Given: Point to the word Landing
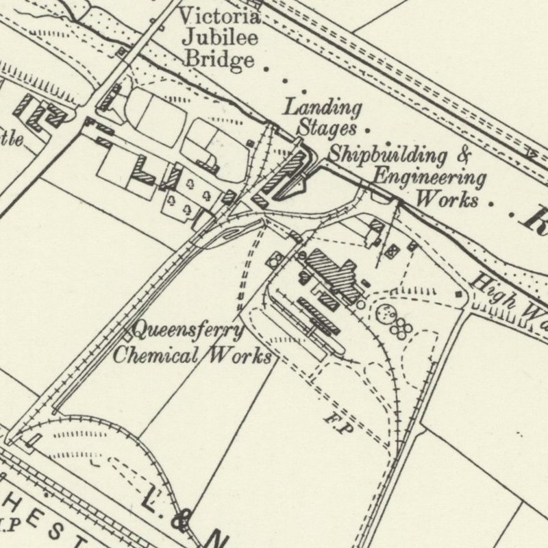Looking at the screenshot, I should [x=323, y=108].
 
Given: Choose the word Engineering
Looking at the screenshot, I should [x=429, y=177].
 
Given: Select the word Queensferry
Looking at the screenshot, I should [x=188, y=332].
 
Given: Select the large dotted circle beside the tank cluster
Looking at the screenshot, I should [x=386, y=314].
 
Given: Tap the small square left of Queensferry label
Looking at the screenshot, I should [x=128, y=335].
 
